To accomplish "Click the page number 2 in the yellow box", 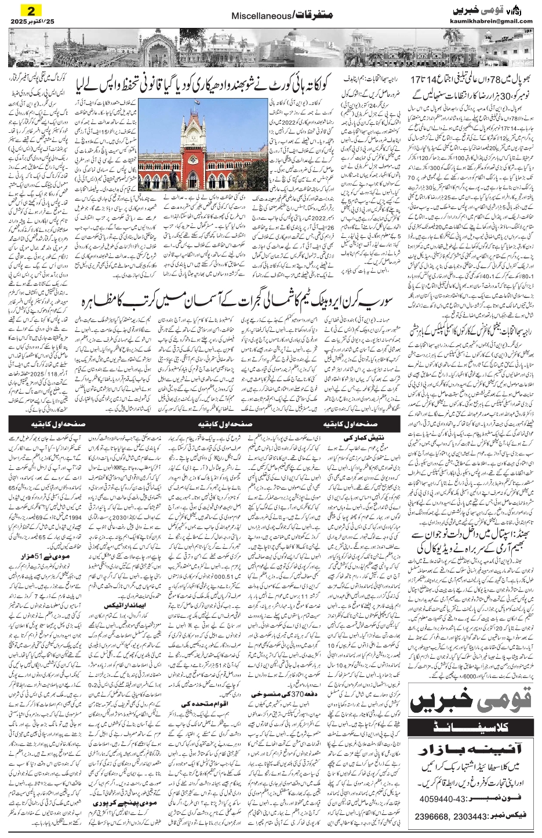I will pos(27,10).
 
